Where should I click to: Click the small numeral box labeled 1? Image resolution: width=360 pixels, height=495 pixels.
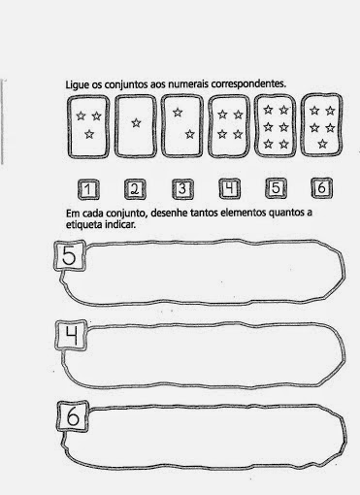[x=88, y=189]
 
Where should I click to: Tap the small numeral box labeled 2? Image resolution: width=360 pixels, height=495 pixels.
[x=135, y=189]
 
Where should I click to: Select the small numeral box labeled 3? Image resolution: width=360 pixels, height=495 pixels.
[x=182, y=189]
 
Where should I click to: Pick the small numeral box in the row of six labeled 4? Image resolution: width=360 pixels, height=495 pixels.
[x=230, y=188]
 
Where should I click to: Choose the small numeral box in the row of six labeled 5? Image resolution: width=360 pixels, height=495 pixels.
[x=276, y=188]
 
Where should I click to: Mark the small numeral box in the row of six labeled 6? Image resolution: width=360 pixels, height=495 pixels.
[x=322, y=187]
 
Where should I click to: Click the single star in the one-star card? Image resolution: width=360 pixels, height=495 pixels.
[x=136, y=123]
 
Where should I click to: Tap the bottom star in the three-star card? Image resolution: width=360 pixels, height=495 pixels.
[x=89, y=134]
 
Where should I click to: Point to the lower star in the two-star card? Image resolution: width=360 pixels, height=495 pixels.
[x=190, y=133]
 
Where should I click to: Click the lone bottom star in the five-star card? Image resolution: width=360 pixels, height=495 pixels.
[x=322, y=144]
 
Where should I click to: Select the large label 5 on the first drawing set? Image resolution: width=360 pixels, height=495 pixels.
[x=70, y=256]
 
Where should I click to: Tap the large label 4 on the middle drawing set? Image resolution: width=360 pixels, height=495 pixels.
[x=72, y=336]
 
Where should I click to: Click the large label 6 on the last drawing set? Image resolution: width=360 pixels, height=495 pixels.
[x=73, y=416]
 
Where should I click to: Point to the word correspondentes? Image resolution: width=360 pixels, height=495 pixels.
[x=248, y=83]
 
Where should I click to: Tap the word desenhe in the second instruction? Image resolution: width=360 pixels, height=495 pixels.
[x=169, y=214]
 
